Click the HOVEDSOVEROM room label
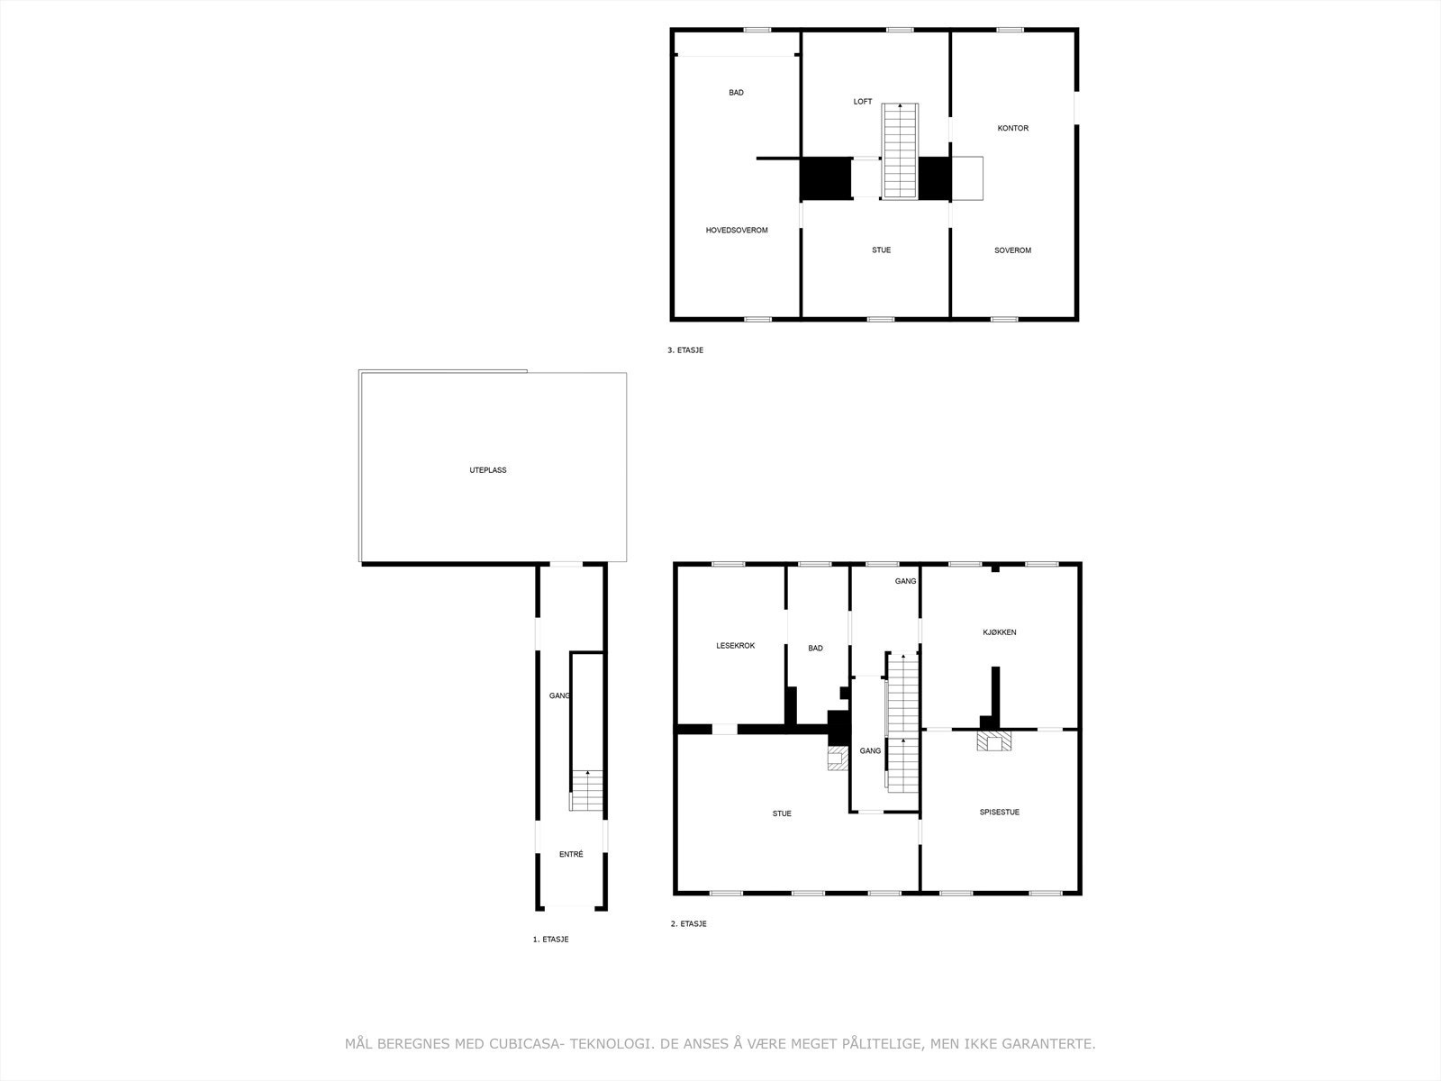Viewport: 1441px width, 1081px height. click(x=737, y=231)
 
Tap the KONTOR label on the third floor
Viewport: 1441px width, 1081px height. click(x=1012, y=128)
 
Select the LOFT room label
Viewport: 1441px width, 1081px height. click(x=863, y=102)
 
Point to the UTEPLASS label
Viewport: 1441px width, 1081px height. click(x=488, y=470)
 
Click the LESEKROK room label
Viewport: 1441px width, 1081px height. click(x=735, y=646)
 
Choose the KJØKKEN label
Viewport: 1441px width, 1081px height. click(x=999, y=632)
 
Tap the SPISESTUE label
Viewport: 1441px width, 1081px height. click(x=999, y=813)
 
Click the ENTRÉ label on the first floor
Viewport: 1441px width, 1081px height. click(x=571, y=855)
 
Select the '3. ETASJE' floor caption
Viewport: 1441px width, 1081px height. click(x=684, y=350)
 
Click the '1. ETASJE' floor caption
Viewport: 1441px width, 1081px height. click(x=550, y=940)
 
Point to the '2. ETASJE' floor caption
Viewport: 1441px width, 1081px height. click(x=688, y=924)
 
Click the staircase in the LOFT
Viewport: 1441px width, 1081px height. click(x=900, y=150)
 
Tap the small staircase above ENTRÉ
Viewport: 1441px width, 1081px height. click(x=587, y=791)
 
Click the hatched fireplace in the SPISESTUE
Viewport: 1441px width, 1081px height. click(x=995, y=741)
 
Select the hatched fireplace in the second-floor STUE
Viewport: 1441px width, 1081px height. click(x=838, y=759)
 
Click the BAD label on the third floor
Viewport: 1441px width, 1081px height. click(x=736, y=93)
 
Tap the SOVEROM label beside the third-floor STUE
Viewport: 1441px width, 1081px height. click(x=1012, y=250)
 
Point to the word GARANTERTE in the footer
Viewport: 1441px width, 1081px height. click(x=1052, y=1044)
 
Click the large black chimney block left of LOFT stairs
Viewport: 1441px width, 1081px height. click(x=826, y=178)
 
